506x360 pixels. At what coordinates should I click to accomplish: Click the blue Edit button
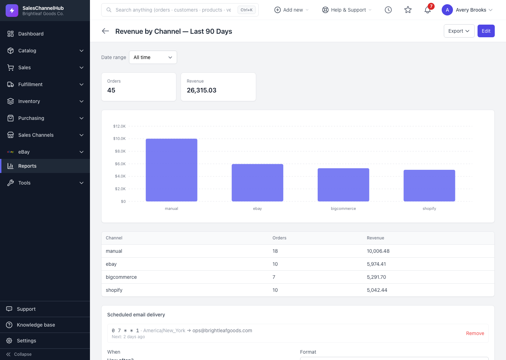click(x=486, y=31)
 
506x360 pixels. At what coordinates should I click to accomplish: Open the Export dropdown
click(x=459, y=31)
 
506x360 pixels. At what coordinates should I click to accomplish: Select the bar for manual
click(x=171, y=170)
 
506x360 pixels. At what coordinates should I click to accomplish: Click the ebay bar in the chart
click(x=257, y=182)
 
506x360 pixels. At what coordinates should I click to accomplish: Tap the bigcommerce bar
click(x=343, y=185)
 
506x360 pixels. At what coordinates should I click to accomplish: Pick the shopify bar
click(x=429, y=186)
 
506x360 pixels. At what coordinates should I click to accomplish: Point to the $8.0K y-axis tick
click(x=120, y=151)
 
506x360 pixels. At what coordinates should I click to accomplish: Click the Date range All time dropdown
click(x=153, y=57)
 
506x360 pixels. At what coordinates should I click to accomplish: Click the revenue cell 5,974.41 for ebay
click(x=376, y=264)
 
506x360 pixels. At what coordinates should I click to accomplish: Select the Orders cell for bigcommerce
click(x=274, y=277)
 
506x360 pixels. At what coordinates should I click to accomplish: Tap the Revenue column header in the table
click(x=375, y=238)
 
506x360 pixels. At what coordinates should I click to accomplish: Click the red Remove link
click(x=475, y=333)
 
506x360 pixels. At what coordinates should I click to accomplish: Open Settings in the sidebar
click(x=26, y=341)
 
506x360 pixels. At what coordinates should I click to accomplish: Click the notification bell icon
click(x=427, y=10)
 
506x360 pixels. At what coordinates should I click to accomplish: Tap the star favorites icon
click(x=408, y=10)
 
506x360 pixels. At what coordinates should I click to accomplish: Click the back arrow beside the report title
click(x=105, y=31)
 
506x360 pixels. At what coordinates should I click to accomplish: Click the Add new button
click(x=291, y=10)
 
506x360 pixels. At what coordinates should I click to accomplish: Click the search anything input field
click(x=173, y=10)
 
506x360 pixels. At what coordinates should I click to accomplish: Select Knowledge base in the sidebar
click(x=36, y=325)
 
